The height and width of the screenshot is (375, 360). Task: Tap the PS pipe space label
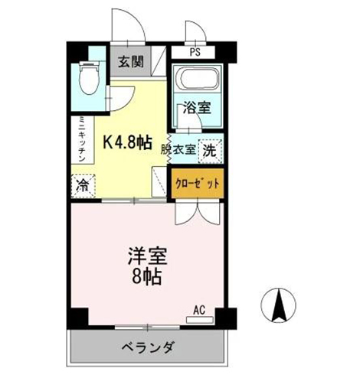[x=196, y=54]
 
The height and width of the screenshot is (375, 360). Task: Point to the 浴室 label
[x=195, y=109]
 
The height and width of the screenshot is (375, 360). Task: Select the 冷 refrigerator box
[x=82, y=184]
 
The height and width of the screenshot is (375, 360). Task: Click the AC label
[x=199, y=310]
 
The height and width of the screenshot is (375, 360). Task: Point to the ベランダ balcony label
[x=148, y=346]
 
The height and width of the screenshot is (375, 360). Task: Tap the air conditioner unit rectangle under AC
[x=199, y=318]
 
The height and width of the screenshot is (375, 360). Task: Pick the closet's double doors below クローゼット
[x=196, y=210]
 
